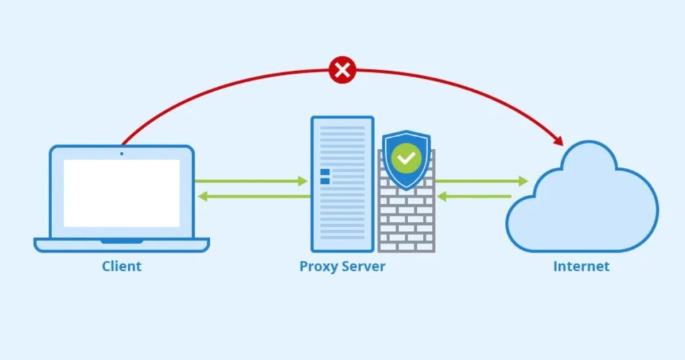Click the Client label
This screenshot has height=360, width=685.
[122, 266]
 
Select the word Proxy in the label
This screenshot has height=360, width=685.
[319, 266]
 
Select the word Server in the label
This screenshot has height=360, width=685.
[363, 266]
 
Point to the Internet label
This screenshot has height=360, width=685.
[581, 266]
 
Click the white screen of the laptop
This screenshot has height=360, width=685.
[122, 193]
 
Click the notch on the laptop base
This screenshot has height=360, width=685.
[122, 240]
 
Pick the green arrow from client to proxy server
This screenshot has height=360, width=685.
[251, 181]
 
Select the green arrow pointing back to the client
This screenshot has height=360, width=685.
[254, 197]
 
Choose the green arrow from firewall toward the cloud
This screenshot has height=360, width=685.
[481, 181]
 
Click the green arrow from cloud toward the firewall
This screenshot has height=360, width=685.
[474, 197]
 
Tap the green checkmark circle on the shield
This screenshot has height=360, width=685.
[406, 159]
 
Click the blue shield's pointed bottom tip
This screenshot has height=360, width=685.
[406, 189]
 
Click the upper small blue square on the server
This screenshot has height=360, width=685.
[325, 172]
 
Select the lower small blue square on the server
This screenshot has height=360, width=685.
[325, 181]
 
